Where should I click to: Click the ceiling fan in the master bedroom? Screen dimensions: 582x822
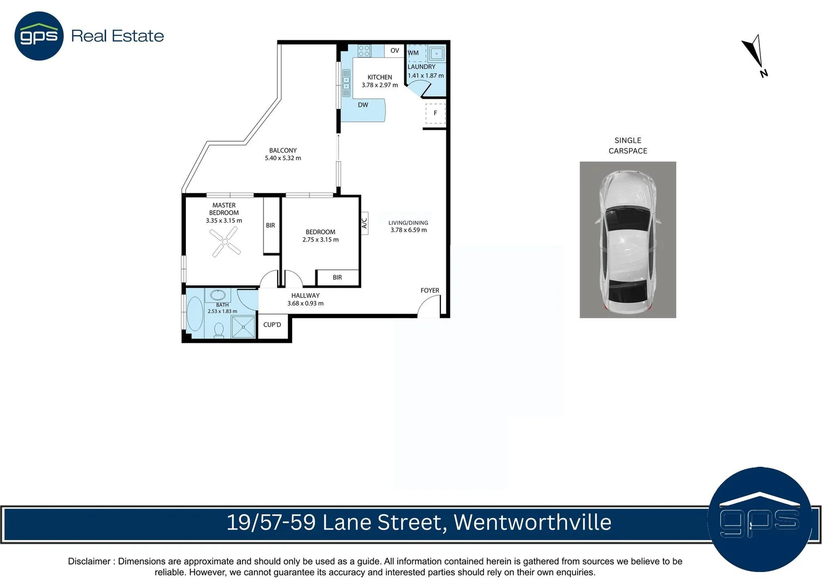point(225,241)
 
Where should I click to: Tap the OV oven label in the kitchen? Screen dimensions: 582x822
point(395,51)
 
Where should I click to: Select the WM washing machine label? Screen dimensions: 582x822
point(413,53)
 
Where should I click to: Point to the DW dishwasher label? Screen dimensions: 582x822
point(363,105)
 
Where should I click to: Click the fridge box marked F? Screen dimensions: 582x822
point(435,113)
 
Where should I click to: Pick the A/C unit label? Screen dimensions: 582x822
point(364,221)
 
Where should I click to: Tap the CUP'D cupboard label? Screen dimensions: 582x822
point(272,325)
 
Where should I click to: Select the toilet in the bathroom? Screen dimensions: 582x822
point(219,329)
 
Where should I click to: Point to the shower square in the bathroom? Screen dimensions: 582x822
point(243,327)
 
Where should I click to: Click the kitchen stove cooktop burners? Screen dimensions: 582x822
point(364,51)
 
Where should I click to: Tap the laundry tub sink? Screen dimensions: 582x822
point(436,53)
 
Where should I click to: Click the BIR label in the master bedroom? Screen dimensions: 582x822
point(271,226)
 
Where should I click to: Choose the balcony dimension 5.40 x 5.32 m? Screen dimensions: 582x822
point(283,158)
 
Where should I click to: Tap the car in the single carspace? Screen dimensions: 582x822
point(627,240)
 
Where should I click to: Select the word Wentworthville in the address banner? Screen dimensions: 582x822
point(532,522)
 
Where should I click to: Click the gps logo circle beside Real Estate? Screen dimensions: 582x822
point(39,36)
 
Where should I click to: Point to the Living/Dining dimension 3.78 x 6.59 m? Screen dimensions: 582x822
point(409,230)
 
